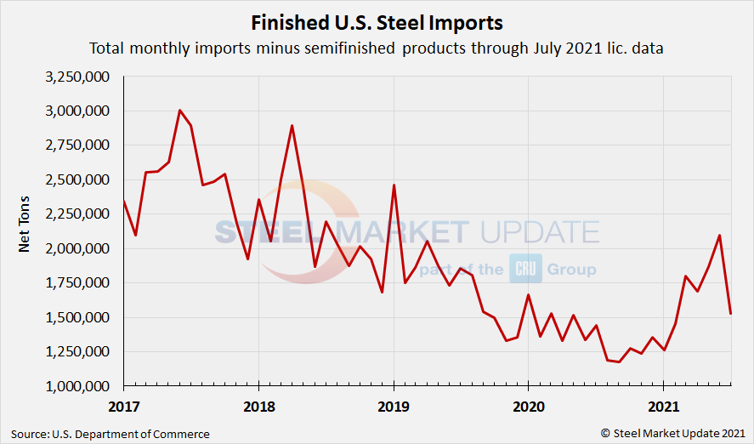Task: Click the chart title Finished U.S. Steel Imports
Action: [377, 20]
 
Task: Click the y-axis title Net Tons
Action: [25, 231]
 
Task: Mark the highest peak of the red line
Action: [179, 111]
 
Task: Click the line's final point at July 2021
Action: [730, 314]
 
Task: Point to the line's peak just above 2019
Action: [394, 185]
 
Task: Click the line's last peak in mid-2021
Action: [719, 236]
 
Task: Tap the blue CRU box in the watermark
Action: [526, 269]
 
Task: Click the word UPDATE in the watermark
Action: [538, 231]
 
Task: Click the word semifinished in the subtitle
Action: [349, 48]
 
